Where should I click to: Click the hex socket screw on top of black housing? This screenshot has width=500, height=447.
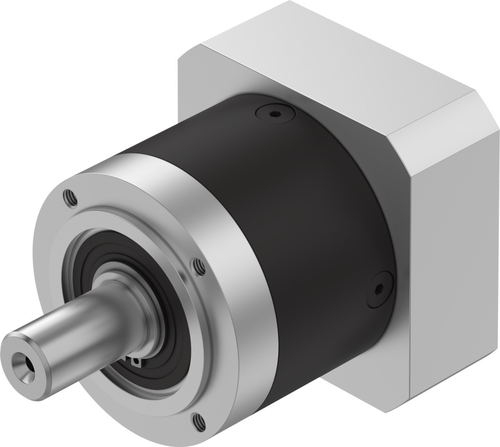coord(275,113)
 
